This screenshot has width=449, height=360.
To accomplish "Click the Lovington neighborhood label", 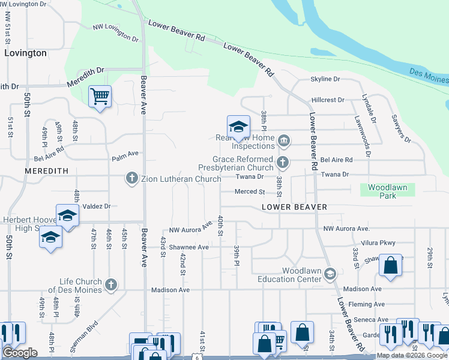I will (25, 53).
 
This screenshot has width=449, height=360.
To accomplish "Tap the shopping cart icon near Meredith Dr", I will (100, 97).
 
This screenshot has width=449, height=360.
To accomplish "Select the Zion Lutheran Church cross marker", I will (131, 178).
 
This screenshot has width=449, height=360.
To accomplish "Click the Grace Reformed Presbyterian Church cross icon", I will (282, 161).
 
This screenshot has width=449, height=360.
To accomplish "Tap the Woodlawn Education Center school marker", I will (330, 274).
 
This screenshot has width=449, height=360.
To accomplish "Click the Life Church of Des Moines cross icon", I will (110, 285).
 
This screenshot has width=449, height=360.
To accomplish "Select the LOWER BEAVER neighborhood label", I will (294, 207).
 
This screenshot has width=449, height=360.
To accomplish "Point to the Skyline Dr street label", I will (325, 79).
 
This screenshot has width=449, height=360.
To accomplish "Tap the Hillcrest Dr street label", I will (328, 100).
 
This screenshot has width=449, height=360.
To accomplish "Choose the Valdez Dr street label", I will (97, 206).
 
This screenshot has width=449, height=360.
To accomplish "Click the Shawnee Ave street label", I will (188, 247).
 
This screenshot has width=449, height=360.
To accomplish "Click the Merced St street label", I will (250, 192).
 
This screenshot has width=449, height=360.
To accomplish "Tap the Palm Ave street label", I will (125, 159).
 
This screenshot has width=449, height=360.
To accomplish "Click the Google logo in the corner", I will (20, 353).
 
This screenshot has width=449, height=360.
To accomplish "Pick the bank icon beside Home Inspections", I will (285, 142).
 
